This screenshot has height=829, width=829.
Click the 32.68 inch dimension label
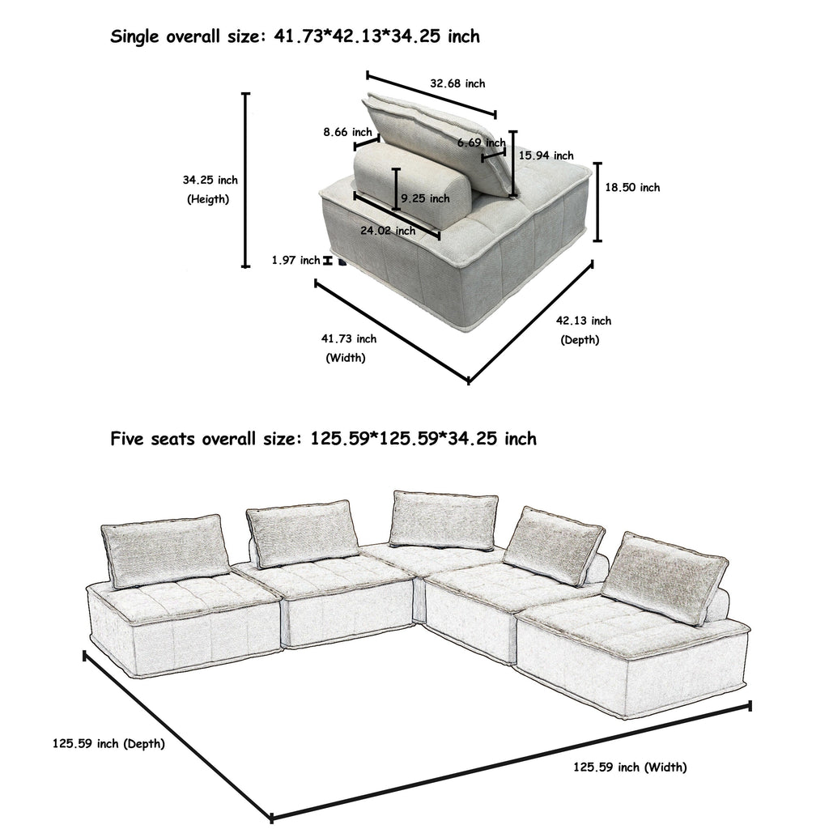pyautogui.click(x=457, y=83)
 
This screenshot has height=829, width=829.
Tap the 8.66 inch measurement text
pyautogui.click(x=347, y=132)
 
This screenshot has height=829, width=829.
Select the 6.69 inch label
pyautogui.click(x=481, y=143)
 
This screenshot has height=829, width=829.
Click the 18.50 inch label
pyautogui.click(x=632, y=187)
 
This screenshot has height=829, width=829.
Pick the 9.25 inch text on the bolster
pyautogui.click(x=424, y=198)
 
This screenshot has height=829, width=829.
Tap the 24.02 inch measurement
pyautogui.click(x=388, y=231)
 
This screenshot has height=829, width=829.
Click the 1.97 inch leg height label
pyautogui.click(x=296, y=260)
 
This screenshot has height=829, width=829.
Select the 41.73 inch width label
pyautogui.click(x=349, y=338)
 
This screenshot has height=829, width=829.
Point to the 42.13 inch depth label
pyautogui.click(x=583, y=321)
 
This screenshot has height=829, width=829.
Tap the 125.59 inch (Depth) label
pyautogui.click(x=109, y=743)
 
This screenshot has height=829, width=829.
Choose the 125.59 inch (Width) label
pyautogui.click(x=630, y=767)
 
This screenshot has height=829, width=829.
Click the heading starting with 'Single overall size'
pyautogui.click(x=295, y=36)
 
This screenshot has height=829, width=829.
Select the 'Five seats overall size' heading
pyautogui.click(x=323, y=439)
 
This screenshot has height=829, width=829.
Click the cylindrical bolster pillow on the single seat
pyautogui.click(x=411, y=186)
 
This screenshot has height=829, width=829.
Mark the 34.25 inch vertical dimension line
pyautogui.click(x=246, y=180)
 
